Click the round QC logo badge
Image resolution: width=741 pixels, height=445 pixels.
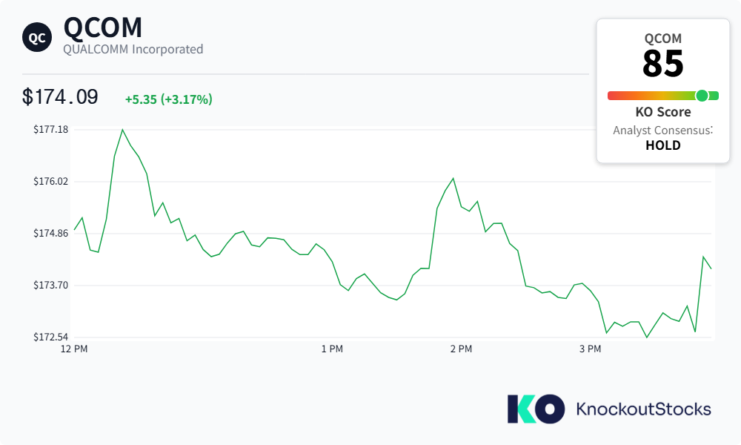coord(37,37)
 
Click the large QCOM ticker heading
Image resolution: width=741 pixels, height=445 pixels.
coord(102,27)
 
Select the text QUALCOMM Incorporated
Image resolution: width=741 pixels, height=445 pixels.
coord(133,49)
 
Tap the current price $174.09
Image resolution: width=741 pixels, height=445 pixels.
coord(60,97)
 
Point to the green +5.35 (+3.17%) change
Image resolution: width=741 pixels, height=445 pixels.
coord(169,99)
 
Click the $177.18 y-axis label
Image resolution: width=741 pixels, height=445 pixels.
coord(50,129)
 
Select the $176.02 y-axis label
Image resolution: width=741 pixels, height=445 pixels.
coord(50,181)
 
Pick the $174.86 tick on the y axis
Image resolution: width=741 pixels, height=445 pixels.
coord(50,233)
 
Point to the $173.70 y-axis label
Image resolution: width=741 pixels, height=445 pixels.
coord(50,285)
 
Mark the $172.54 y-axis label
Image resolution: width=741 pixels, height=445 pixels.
coord(50,337)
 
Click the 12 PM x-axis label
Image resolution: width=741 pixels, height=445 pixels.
coord(74,349)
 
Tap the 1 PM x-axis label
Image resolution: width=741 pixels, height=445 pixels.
coord(332,349)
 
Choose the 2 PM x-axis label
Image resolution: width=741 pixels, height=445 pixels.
coord(461,349)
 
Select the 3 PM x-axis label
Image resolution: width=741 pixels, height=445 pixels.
coord(591,349)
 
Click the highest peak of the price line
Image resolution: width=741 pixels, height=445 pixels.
coord(122,130)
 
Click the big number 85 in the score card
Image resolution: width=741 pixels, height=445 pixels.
coord(663,63)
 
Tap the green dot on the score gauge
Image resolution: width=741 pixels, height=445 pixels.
coord(702,96)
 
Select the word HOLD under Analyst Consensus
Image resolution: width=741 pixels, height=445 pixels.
coord(663,145)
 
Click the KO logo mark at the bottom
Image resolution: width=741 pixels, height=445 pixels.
coord(536,409)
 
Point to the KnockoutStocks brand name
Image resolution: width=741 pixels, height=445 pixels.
coord(644,409)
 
